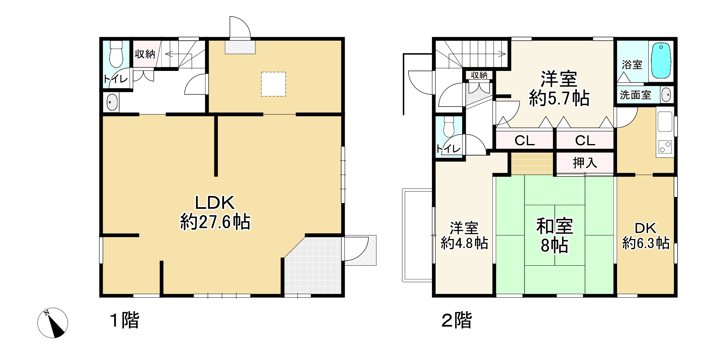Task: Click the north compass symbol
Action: [53, 323]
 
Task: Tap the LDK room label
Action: [215, 203]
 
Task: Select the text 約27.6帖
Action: [215, 222]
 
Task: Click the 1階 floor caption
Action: [125, 320]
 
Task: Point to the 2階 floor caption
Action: [457, 320]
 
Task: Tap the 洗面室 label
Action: [635, 95]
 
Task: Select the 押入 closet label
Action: [585, 163]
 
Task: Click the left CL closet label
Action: [524, 140]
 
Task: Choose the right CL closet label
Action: [585, 140]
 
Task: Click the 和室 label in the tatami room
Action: [554, 226]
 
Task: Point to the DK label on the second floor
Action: [646, 228]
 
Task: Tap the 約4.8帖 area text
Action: [464, 243]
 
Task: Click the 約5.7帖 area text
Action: [559, 98]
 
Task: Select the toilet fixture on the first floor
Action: [116, 54]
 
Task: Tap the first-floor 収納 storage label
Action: [145, 54]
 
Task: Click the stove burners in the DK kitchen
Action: [665, 147]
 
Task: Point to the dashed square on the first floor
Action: [273, 84]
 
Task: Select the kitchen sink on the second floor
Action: [665, 122]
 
